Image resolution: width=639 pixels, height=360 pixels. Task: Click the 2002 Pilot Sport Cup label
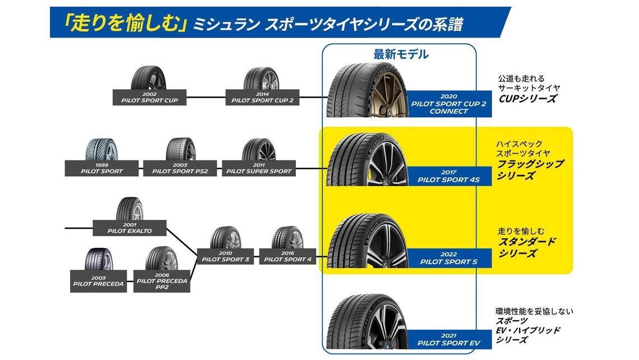click(x=149, y=98)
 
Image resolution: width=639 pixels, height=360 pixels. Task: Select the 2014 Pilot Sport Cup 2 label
click(x=262, y=98)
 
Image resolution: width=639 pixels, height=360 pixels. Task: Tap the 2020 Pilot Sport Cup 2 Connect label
click(x=448, y=104)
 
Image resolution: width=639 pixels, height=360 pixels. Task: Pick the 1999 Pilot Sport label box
click(x=102, y=168)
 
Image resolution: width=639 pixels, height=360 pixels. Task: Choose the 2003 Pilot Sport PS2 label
click(x=180, y=168)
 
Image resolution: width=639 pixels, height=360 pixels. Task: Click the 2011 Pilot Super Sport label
click(x=259, y=168)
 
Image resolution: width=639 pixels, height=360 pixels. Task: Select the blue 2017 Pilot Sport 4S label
click(x=448, y=176)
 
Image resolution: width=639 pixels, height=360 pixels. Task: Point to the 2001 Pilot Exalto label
click(x=129, y=228)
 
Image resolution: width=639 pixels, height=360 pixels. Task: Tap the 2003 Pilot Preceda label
click(x=99, y=280)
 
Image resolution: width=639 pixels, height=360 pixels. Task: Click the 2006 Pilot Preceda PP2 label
click(x=161, y=281)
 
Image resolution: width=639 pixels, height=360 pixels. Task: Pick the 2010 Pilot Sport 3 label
click(x=225, y=256)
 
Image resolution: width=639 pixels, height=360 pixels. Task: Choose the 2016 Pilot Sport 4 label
click(x=288, y=256)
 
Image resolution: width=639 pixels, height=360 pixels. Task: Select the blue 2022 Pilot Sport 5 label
click(x=448, y=258)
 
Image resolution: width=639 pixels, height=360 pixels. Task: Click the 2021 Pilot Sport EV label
click(x=448, y=339)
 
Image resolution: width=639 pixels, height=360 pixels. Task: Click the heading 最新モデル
click(x=401, y=54)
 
